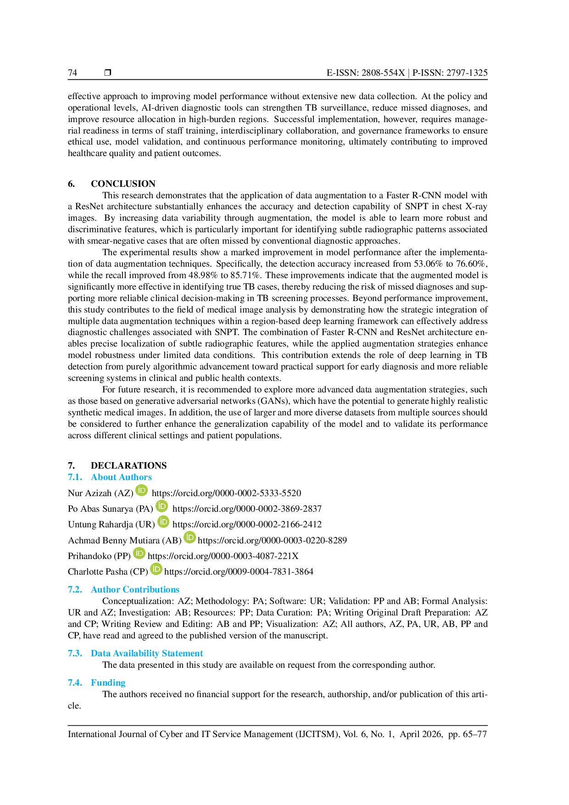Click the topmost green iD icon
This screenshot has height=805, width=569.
(142, 491)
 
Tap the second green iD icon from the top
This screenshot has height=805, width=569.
(162, 506)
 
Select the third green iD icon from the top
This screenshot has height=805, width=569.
(164, 522)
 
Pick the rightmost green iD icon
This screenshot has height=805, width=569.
(190, 537)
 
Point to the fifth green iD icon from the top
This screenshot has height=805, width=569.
(139, 553)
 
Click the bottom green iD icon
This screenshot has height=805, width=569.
(156, 569)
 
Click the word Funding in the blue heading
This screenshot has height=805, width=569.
(108, 683)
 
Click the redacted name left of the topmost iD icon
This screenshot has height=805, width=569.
(100, 493)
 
